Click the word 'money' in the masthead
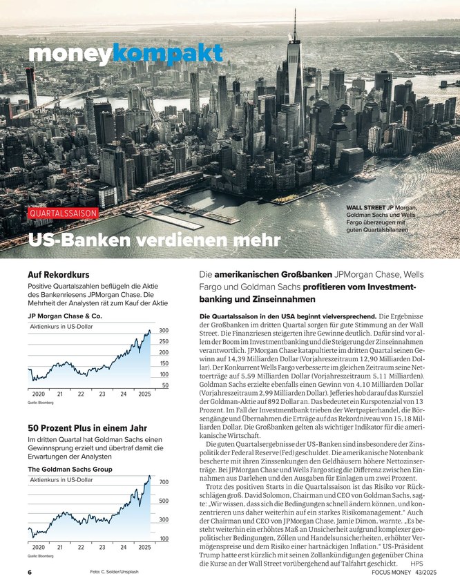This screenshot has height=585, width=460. click(x=69, y=53)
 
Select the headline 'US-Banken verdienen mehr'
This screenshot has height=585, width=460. click(x=154, y=240)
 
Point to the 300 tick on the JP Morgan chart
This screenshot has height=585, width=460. click(x=164, y=331)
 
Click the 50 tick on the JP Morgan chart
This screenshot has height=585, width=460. click(x=165, y=385)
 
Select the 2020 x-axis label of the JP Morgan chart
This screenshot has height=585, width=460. click(x=39, y=394)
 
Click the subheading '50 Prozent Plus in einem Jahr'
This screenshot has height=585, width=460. click(x=86, y=428)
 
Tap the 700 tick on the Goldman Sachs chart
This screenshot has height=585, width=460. click(x=164, y=482)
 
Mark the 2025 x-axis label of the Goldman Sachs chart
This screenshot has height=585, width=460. click(x=144, y=548)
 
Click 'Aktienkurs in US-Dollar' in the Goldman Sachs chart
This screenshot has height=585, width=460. click(x=61, y=479)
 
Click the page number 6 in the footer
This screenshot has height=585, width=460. click(x=30, y=573)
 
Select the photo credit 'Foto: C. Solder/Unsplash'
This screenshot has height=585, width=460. click(x=114, y=573)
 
